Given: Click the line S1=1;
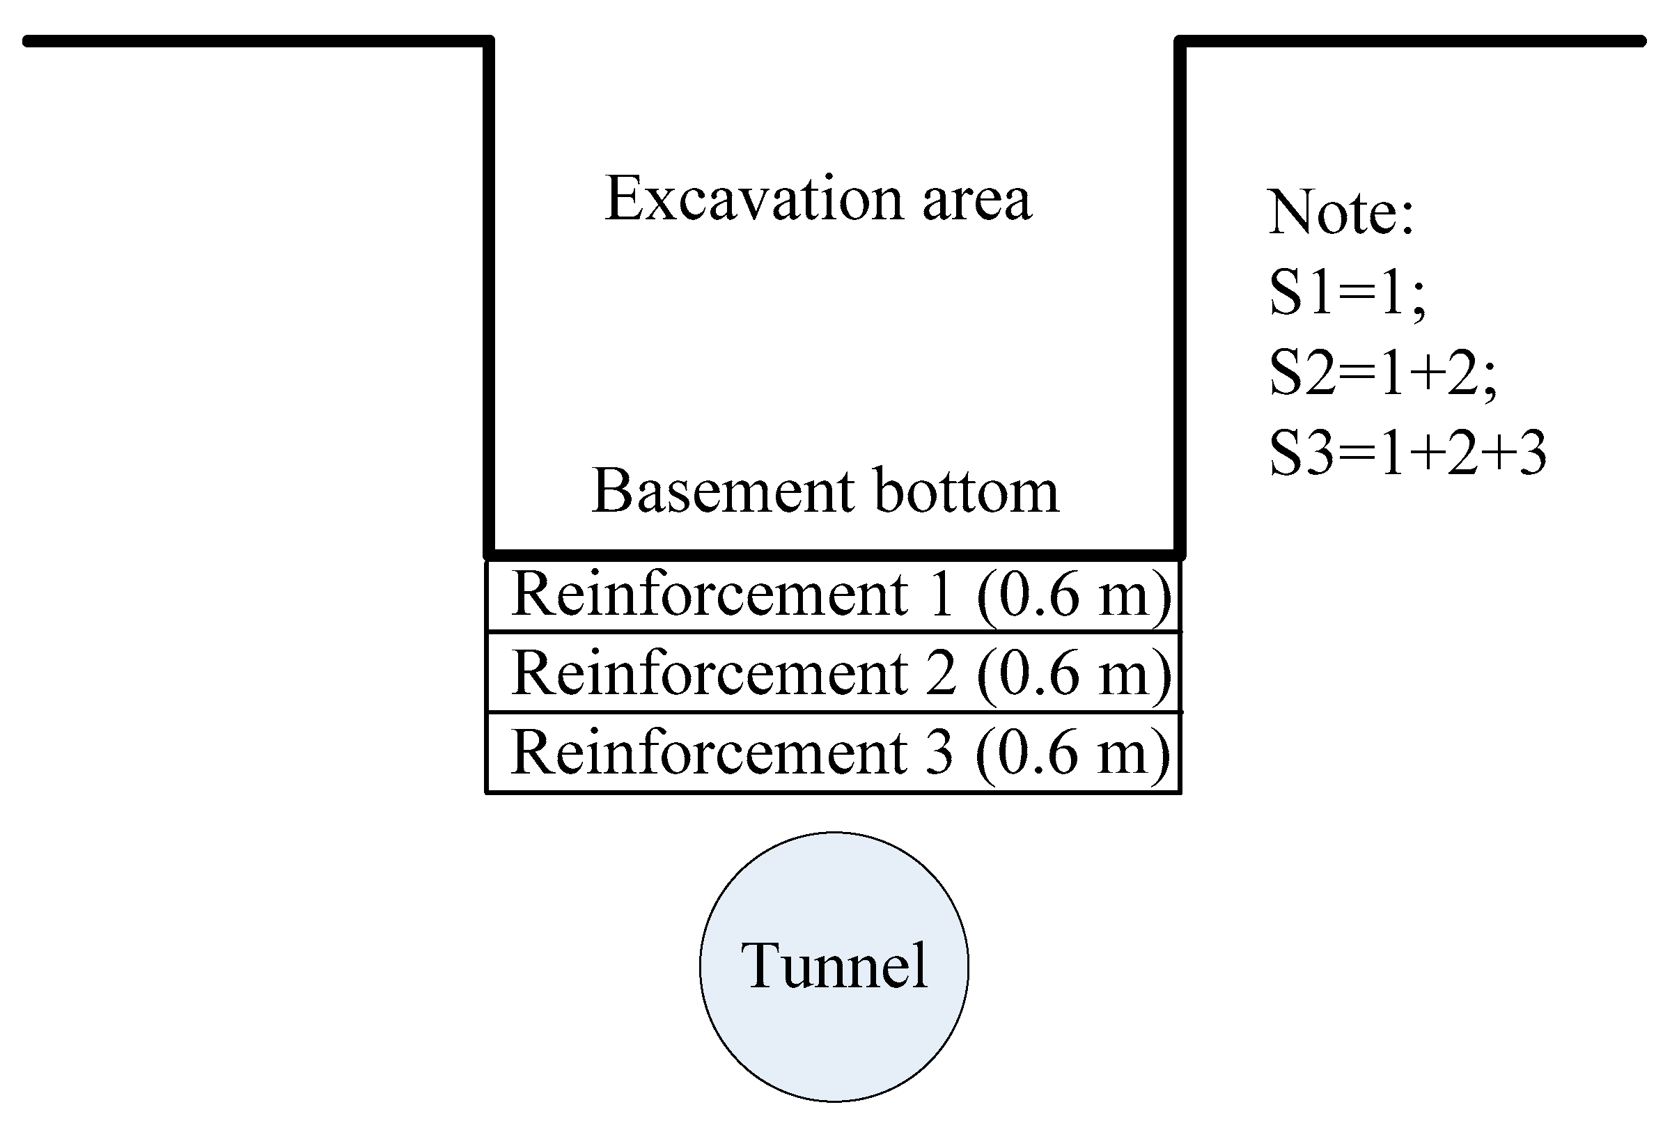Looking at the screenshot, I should [x=1346, y=293].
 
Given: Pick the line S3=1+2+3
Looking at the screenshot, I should [x=1407, y=453].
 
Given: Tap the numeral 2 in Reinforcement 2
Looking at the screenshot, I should [x=940, y=674].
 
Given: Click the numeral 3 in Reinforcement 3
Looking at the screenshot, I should [x=939, y=753].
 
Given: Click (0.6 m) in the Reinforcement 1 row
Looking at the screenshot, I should [x=1074, y=596].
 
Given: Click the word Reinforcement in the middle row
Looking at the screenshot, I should [x=710, y=673].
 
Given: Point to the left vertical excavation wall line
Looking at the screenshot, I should [x=490, y=288].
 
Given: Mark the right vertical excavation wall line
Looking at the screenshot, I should [x=1180, y=288].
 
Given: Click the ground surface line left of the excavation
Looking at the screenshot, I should [x=252, y=41].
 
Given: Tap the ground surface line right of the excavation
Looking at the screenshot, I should [x=1412, y=41].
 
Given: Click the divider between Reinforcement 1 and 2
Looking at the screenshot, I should [x=834, y=632].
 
